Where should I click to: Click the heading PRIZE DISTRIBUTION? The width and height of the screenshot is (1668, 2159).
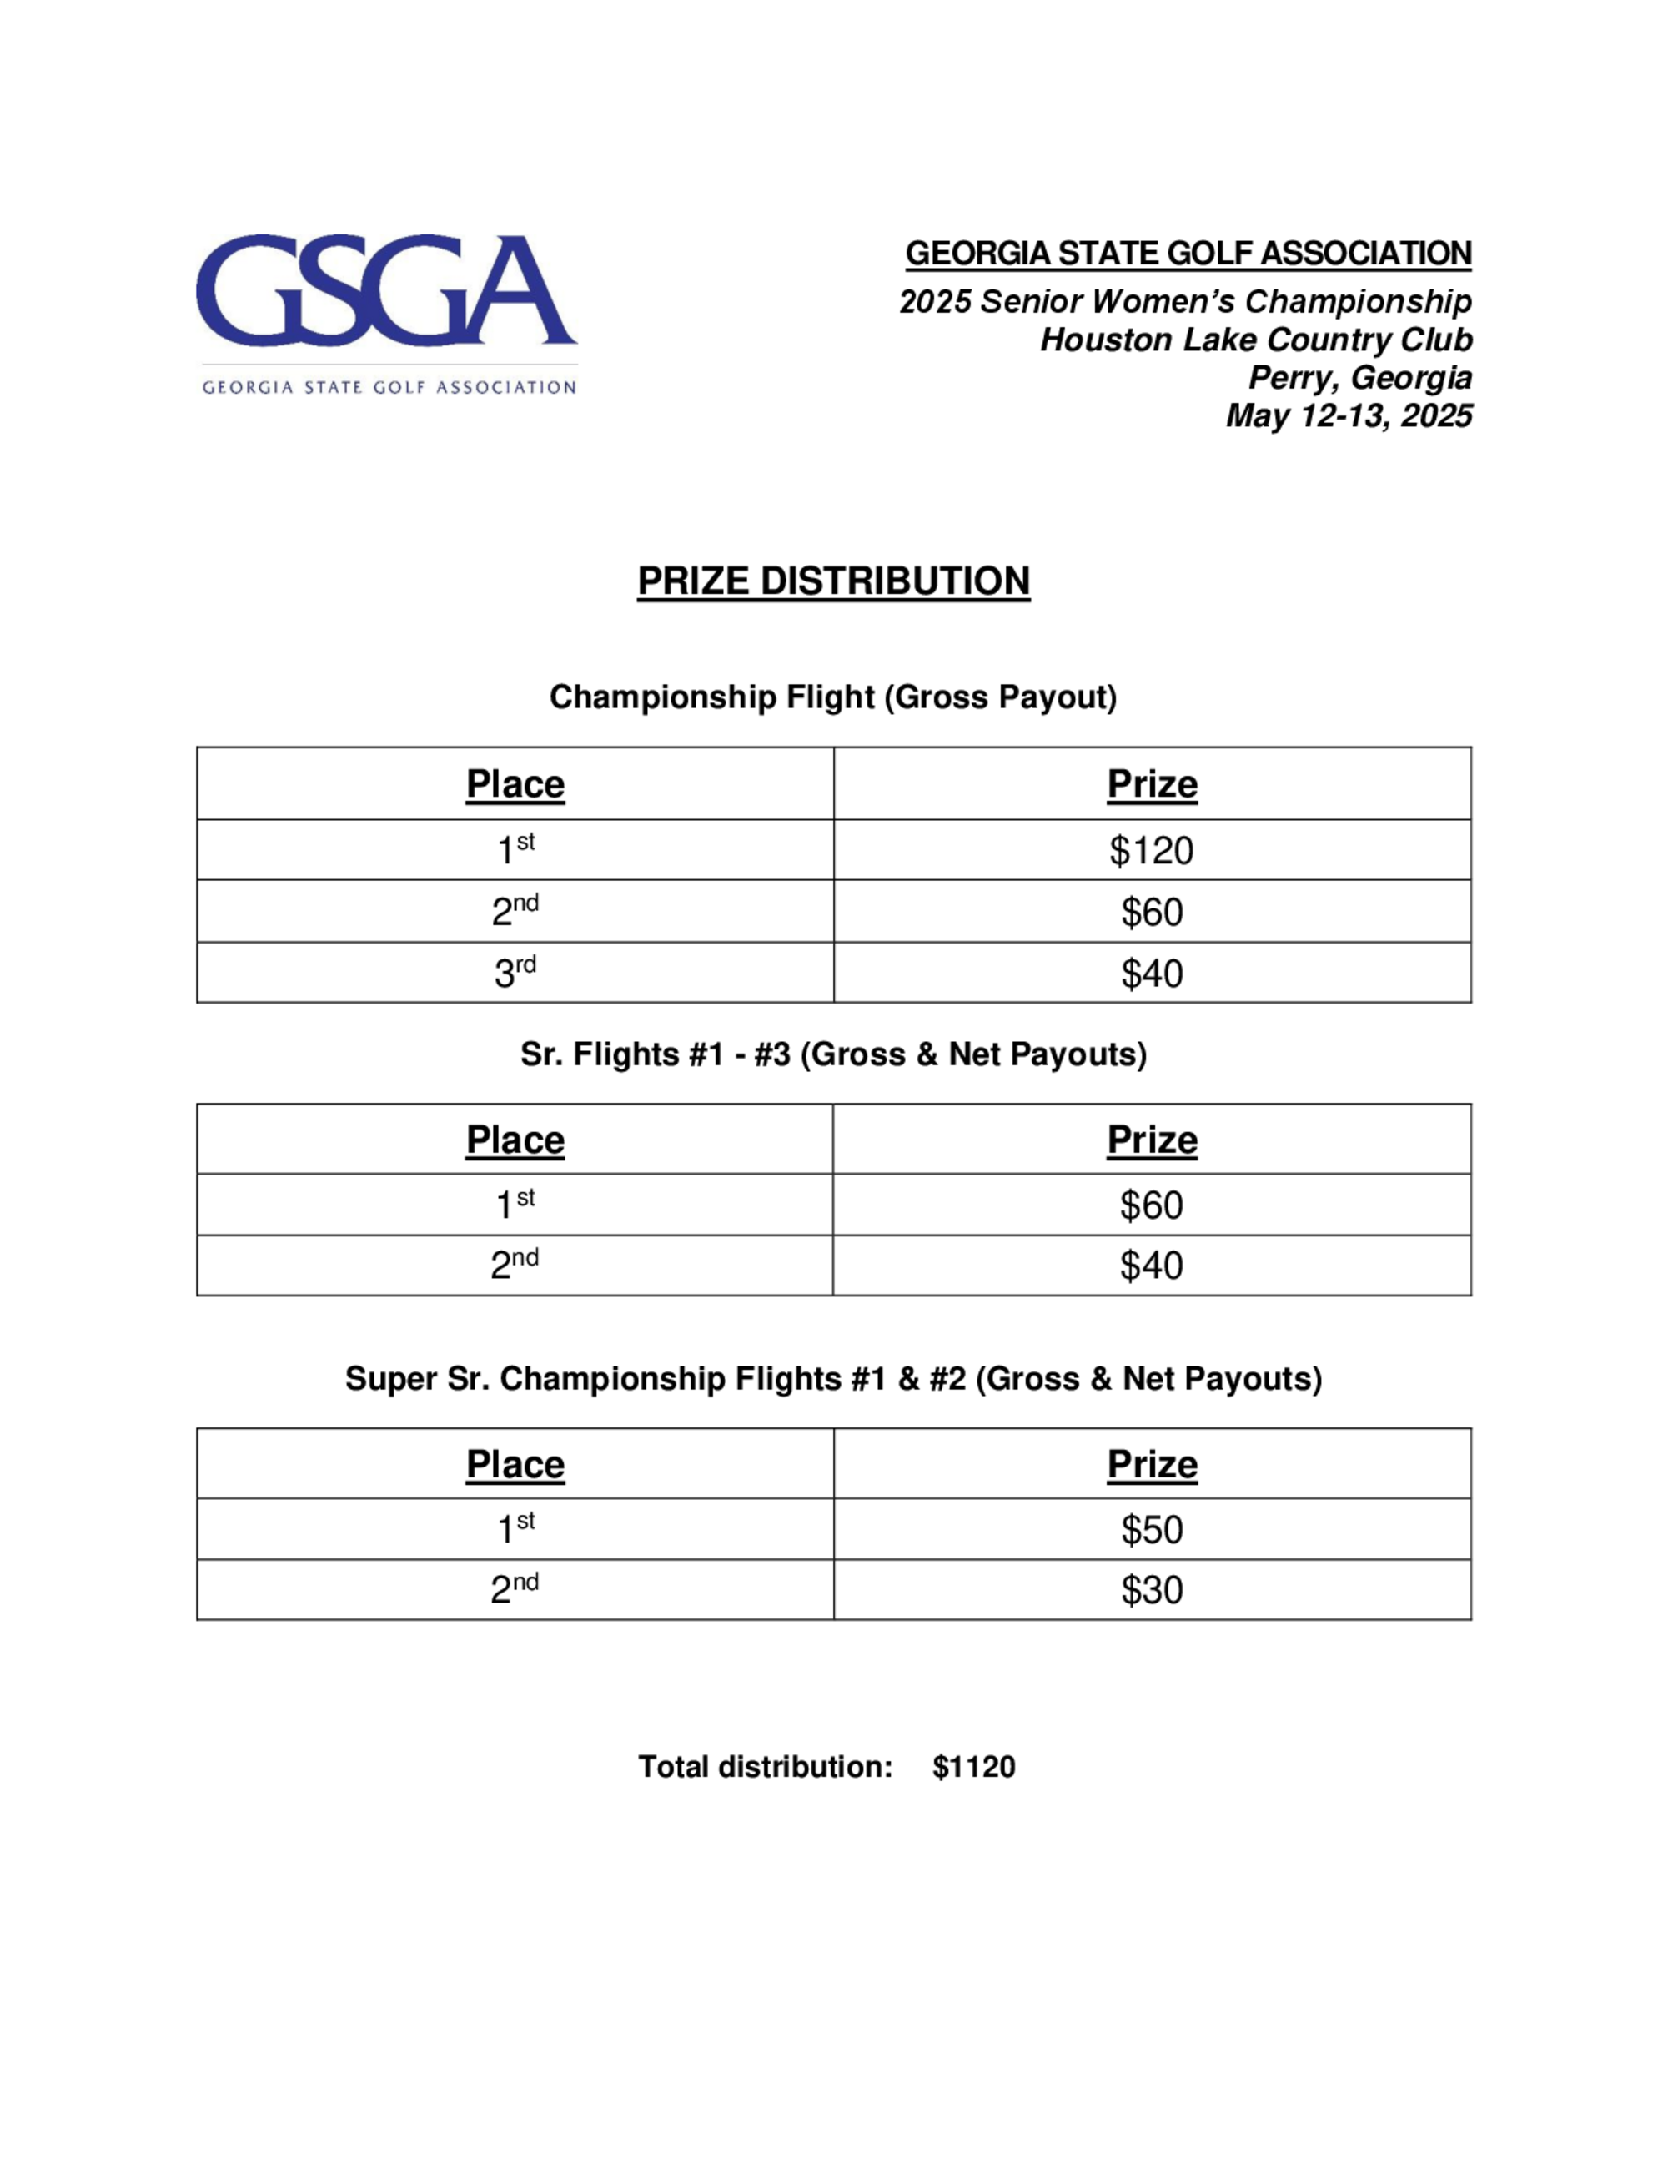pos(833,581)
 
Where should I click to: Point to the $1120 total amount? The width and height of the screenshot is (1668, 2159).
pos(973,1767)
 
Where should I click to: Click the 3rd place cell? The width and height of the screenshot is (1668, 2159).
pos(515,973)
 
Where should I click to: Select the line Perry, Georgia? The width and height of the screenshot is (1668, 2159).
pos(1359,378)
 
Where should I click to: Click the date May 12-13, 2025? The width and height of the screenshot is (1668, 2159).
pos(1349,415)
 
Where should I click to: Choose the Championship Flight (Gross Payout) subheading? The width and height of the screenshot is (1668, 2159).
pos(833,697)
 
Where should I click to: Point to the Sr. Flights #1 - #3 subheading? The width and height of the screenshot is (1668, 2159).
pos(833,1054)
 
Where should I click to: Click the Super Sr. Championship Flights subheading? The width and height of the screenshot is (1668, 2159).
pos(833,1378)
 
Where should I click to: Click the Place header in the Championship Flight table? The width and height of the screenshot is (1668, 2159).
pos(515,784)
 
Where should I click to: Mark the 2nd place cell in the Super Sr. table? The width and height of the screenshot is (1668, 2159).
pos(515,1589)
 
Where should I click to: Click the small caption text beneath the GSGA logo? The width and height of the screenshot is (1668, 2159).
pos(389,386)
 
